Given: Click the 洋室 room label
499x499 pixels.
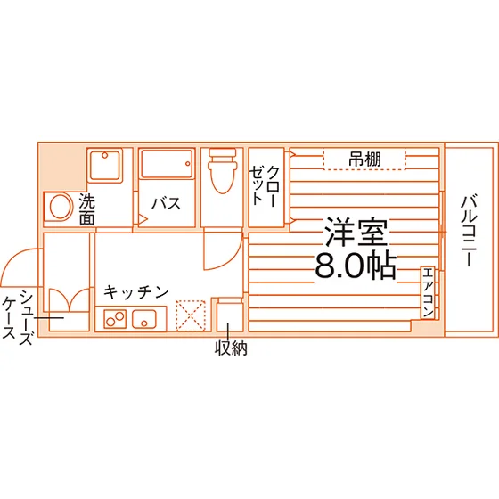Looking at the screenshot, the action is tap(356, 232).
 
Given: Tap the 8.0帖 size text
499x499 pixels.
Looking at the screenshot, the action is tap(356, 266).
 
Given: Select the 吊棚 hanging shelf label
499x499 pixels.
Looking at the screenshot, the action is tap(364, 159).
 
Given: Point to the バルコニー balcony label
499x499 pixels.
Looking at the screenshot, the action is tap(469, 232).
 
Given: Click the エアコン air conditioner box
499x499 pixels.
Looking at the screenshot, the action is tap(428, 292).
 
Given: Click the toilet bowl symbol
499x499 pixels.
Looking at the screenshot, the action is tap(223, 170).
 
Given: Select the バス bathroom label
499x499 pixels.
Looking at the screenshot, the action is tap(166, 203).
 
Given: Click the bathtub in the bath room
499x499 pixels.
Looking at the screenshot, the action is tap(167, 164).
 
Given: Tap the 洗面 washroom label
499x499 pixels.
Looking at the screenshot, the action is tap(87, 209).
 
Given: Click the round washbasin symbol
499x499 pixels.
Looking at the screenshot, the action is tap(60, 207).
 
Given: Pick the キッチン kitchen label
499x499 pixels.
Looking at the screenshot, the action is tap(135, 292).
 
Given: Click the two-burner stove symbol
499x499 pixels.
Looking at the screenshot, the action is tap(115, 319).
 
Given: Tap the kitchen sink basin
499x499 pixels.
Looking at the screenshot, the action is tap(144, 319).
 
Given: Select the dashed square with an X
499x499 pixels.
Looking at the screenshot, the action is tap(191, 316).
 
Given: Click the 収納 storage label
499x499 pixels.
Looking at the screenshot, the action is tap(231, 348).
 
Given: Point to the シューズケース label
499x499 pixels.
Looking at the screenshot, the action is tap(17, 317).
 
